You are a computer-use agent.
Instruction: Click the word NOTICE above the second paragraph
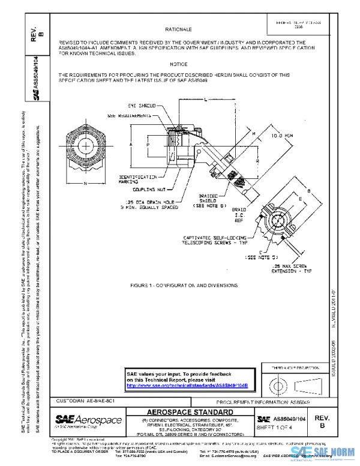[x=178, y=64]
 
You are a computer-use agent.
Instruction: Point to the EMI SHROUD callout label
[x=142, y=105]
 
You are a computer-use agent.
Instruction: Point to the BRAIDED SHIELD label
[x=207, y=202]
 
